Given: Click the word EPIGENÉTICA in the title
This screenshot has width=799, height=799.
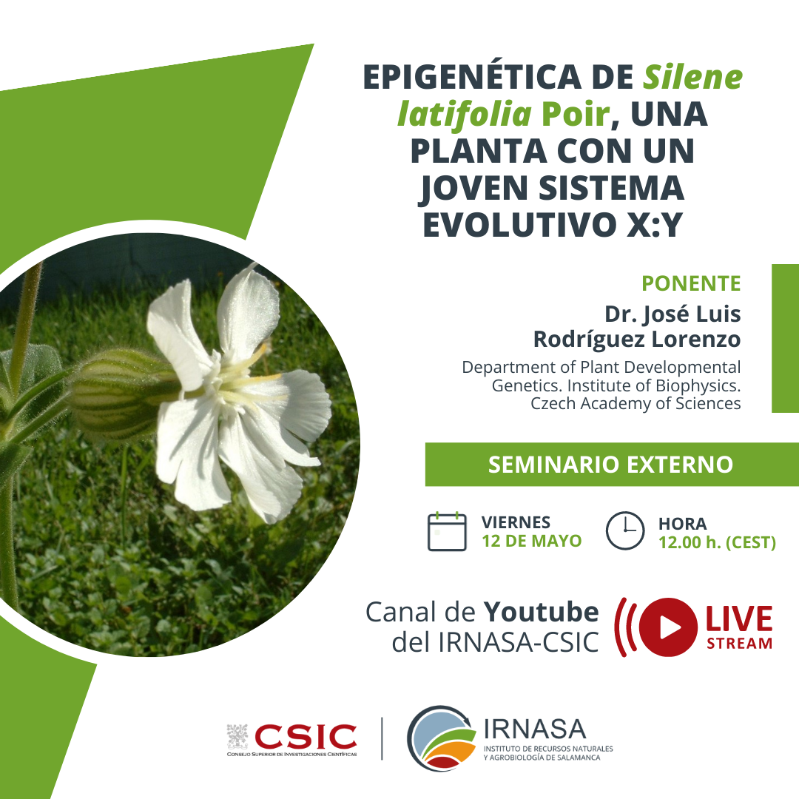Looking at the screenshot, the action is pos(473,78).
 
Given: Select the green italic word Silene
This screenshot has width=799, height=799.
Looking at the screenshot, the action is pos(692,77).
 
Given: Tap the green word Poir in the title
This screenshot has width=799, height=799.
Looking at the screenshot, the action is pos(576,113).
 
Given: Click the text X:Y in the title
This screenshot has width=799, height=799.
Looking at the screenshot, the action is pos(654,224).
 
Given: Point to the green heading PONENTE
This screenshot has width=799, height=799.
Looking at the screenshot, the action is pos(691,283).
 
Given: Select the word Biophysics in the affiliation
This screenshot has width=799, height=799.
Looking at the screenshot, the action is pos(697,385).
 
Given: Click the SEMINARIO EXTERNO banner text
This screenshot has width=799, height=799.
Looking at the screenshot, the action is pos(610,464).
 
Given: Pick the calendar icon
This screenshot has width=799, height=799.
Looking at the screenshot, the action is pos(447,531).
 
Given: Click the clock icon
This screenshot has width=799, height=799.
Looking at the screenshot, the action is pos(625,530).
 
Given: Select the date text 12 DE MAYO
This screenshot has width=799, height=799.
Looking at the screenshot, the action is pos(531,541).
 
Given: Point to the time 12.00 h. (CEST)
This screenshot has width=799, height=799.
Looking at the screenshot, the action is pos(717,542).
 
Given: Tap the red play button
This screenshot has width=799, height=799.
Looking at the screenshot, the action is pos(668,627).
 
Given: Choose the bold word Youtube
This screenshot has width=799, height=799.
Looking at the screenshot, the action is pos(541,612).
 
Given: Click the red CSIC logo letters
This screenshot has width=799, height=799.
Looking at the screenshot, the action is pos(306,736).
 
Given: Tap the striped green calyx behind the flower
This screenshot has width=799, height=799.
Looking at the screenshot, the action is pos(122,392).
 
